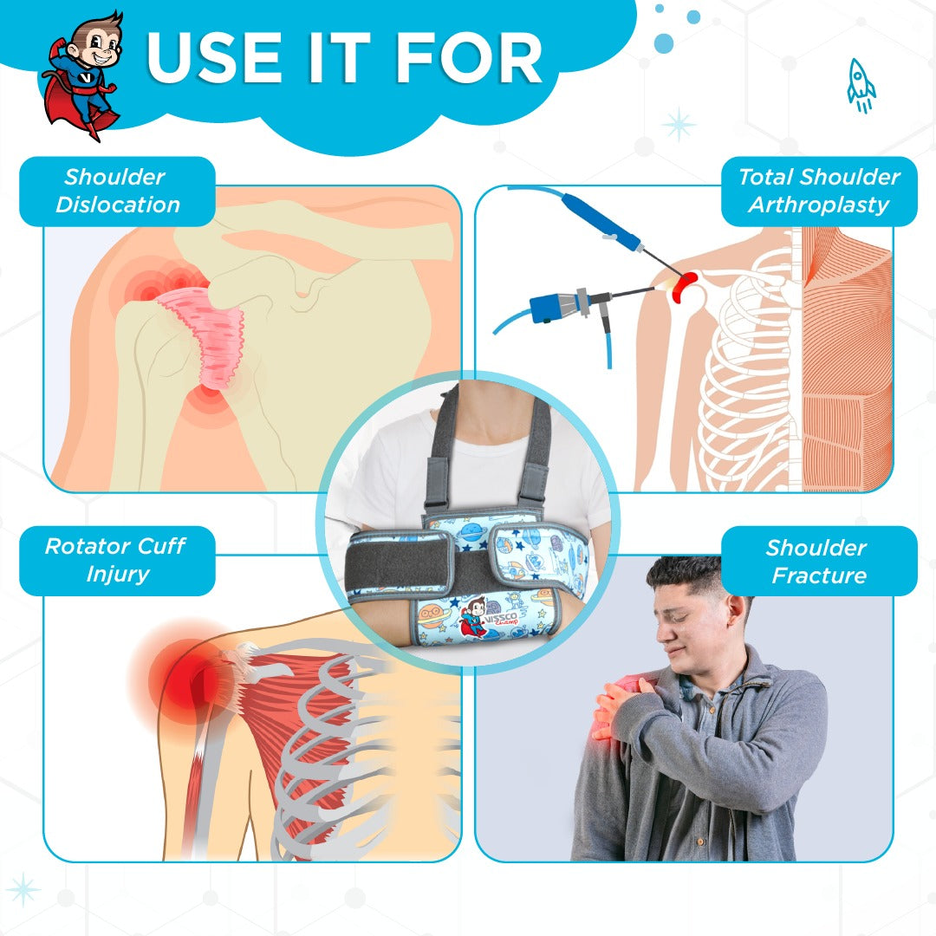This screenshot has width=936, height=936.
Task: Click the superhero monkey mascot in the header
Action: [x=82, y=75]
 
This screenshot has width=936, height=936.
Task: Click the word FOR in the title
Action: [x=469, y=58]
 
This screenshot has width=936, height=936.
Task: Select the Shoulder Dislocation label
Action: [x=117, y=191]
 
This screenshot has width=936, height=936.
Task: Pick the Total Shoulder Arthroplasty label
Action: [x=819, y=191]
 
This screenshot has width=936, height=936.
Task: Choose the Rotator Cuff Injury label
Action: [x=117, y=561]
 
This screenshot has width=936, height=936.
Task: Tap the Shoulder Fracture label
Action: [x=819, y=561]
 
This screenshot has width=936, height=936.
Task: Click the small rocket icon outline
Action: [x=861, y=85]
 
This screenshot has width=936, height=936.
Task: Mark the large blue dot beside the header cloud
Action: [x=664, y=43]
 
